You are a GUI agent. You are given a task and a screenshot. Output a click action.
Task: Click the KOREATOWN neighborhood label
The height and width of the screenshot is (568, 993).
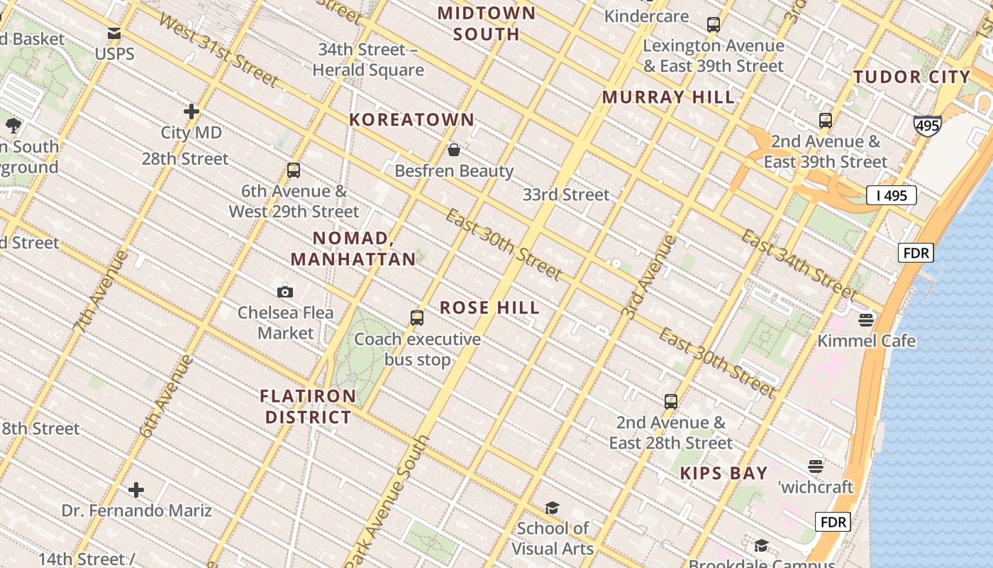click(x=411, y=119)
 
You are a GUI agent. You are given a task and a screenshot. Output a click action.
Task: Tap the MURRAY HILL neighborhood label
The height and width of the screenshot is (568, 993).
click(x=668, y=97)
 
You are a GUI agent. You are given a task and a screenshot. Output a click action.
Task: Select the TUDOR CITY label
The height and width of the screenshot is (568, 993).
click(x=911, y=77)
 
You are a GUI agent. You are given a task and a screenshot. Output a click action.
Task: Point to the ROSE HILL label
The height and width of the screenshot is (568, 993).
click(x=489, y=307)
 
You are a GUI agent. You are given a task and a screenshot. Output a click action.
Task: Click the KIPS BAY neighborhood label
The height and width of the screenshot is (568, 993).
click(x=723, y=473)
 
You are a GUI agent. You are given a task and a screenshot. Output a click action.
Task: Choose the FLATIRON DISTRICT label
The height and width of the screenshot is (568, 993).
click(x=309, y=406)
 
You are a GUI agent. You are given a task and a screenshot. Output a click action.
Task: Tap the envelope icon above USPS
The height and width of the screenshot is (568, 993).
click(x=114, y=33)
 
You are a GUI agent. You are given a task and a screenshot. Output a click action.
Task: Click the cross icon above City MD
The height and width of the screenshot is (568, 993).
click(x=191, y=111)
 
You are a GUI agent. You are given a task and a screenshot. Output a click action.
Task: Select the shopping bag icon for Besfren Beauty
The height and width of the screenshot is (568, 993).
click(x=454, y=150)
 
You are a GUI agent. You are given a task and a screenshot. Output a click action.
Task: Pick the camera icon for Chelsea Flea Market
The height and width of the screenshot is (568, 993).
click(x=285, y=292)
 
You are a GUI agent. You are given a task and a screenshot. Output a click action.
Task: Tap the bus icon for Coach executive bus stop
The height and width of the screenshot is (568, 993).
click(x=417, y=318)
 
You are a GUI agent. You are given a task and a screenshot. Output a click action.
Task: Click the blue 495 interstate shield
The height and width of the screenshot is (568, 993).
click(x=927, y=126)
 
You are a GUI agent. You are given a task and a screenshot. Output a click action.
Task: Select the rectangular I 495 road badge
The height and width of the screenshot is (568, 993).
click(x=892, y=195)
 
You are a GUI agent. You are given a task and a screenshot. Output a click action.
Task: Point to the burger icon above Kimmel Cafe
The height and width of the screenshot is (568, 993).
click(x=866, y=320)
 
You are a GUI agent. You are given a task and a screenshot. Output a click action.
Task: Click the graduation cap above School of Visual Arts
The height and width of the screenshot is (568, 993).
click(x=552, y=508)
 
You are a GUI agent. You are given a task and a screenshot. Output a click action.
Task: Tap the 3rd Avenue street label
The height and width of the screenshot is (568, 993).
click(x=648, y=277)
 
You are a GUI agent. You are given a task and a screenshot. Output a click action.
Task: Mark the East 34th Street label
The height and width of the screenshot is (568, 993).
click(x=798, y=263)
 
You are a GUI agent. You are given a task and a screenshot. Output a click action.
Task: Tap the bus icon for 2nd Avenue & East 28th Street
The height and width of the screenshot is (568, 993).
click(x=671, y=402)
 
